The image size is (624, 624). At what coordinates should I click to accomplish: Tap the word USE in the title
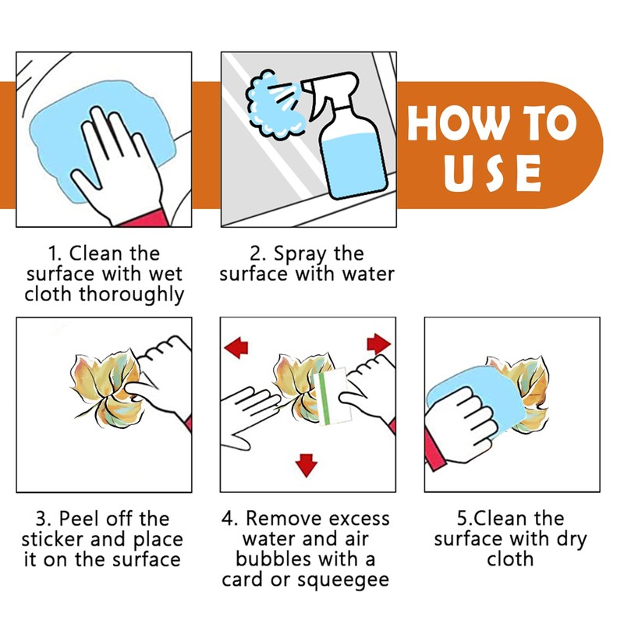coord(492,173)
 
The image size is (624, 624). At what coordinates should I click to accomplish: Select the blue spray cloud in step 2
coord(271,105)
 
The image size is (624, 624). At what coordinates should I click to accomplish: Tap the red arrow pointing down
coord(306,464)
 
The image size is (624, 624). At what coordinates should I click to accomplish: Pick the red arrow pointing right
coord(378,343)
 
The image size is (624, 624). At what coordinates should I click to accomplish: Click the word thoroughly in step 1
coord(132,295)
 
